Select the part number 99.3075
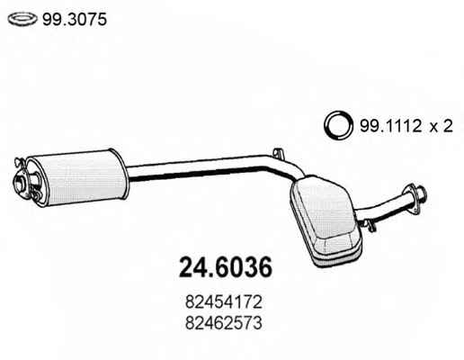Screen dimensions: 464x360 click(75, 20)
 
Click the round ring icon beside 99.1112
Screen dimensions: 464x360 click(337, 126)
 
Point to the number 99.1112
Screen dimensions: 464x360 click(390, 126)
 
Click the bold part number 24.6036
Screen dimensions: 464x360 click(225, 267)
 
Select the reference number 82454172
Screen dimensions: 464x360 click(224, 302)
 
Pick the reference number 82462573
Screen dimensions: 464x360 click(224, 323)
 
